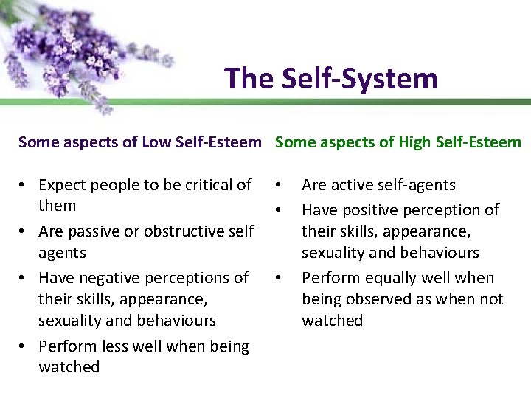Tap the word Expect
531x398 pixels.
coord(63,185)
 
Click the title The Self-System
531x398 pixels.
coord(331,78)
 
